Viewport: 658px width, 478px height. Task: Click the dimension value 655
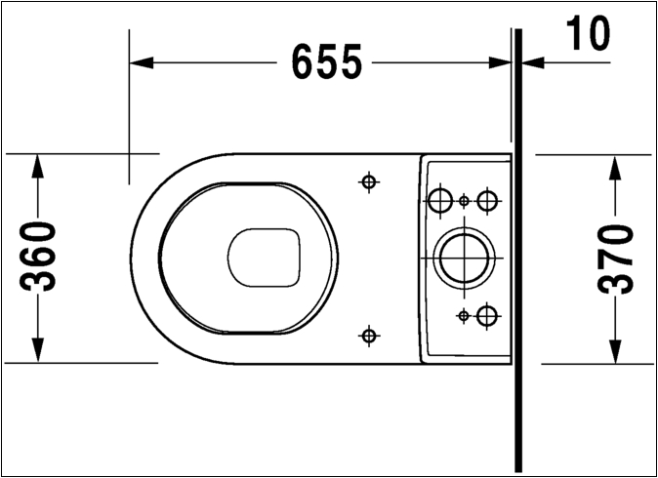coord(326,61)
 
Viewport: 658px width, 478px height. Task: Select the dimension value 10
coord(588,33)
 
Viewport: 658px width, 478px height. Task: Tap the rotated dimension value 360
coord(38,257)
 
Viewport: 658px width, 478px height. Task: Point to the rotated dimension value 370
coord(615,259)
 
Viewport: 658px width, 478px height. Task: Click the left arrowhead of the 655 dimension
coord(142,63)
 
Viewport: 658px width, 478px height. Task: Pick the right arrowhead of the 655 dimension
coord(500,63)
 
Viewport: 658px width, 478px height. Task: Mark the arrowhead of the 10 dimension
coord(533,63)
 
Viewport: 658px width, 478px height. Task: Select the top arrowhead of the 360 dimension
coord(38,166)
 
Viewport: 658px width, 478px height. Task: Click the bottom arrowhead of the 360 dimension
coord(38,350)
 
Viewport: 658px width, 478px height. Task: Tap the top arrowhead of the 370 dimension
coord(615,168)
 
